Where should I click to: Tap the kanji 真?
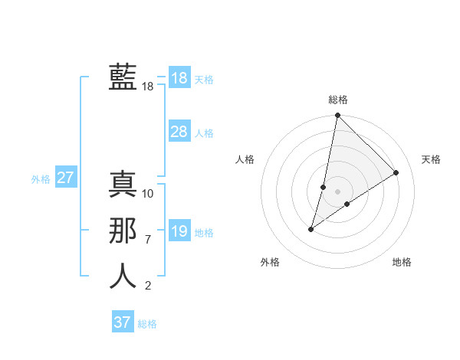point(123,185)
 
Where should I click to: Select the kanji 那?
point(123,231)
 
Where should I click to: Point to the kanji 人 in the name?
point(123,277)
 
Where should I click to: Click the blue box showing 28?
point(179,132)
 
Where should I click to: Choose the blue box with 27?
point(66,178)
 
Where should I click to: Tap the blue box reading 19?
point(179,231)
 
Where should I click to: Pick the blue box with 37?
point(123,322)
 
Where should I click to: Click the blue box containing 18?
point(179,78)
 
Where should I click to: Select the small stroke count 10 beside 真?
point(148,194)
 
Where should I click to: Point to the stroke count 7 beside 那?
point(148,240)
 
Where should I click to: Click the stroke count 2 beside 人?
point(148,286)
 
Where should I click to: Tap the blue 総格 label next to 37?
point(147,324)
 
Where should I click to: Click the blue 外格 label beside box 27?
point(41,179)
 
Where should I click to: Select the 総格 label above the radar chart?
point(338,100)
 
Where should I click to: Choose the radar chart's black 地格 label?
point(402,262)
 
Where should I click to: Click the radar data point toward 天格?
point(396,173)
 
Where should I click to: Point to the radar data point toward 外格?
point(311,229)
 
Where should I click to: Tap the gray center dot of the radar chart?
point(338,191)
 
